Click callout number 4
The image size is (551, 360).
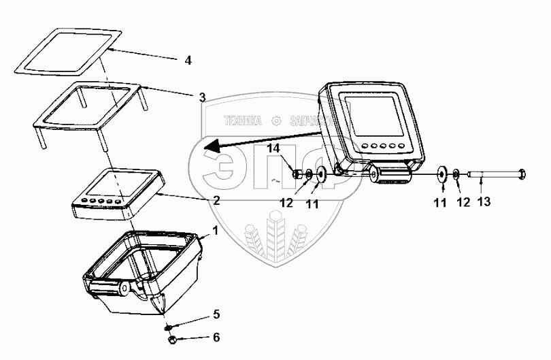pyautogui.click(x=188, y=61)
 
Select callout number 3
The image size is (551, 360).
pyautogui.click(x=201, y=97)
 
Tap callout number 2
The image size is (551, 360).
pyautogui.click(x=216, y=201)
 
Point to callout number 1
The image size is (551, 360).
pyautogui.click(x=216, y=231)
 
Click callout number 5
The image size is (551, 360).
pyautogui.click(x=216, y=314)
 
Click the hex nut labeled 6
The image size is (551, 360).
pyautogui.click(x=171, y=339)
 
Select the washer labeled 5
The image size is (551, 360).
pyautogui.click(x=172, y=327)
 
